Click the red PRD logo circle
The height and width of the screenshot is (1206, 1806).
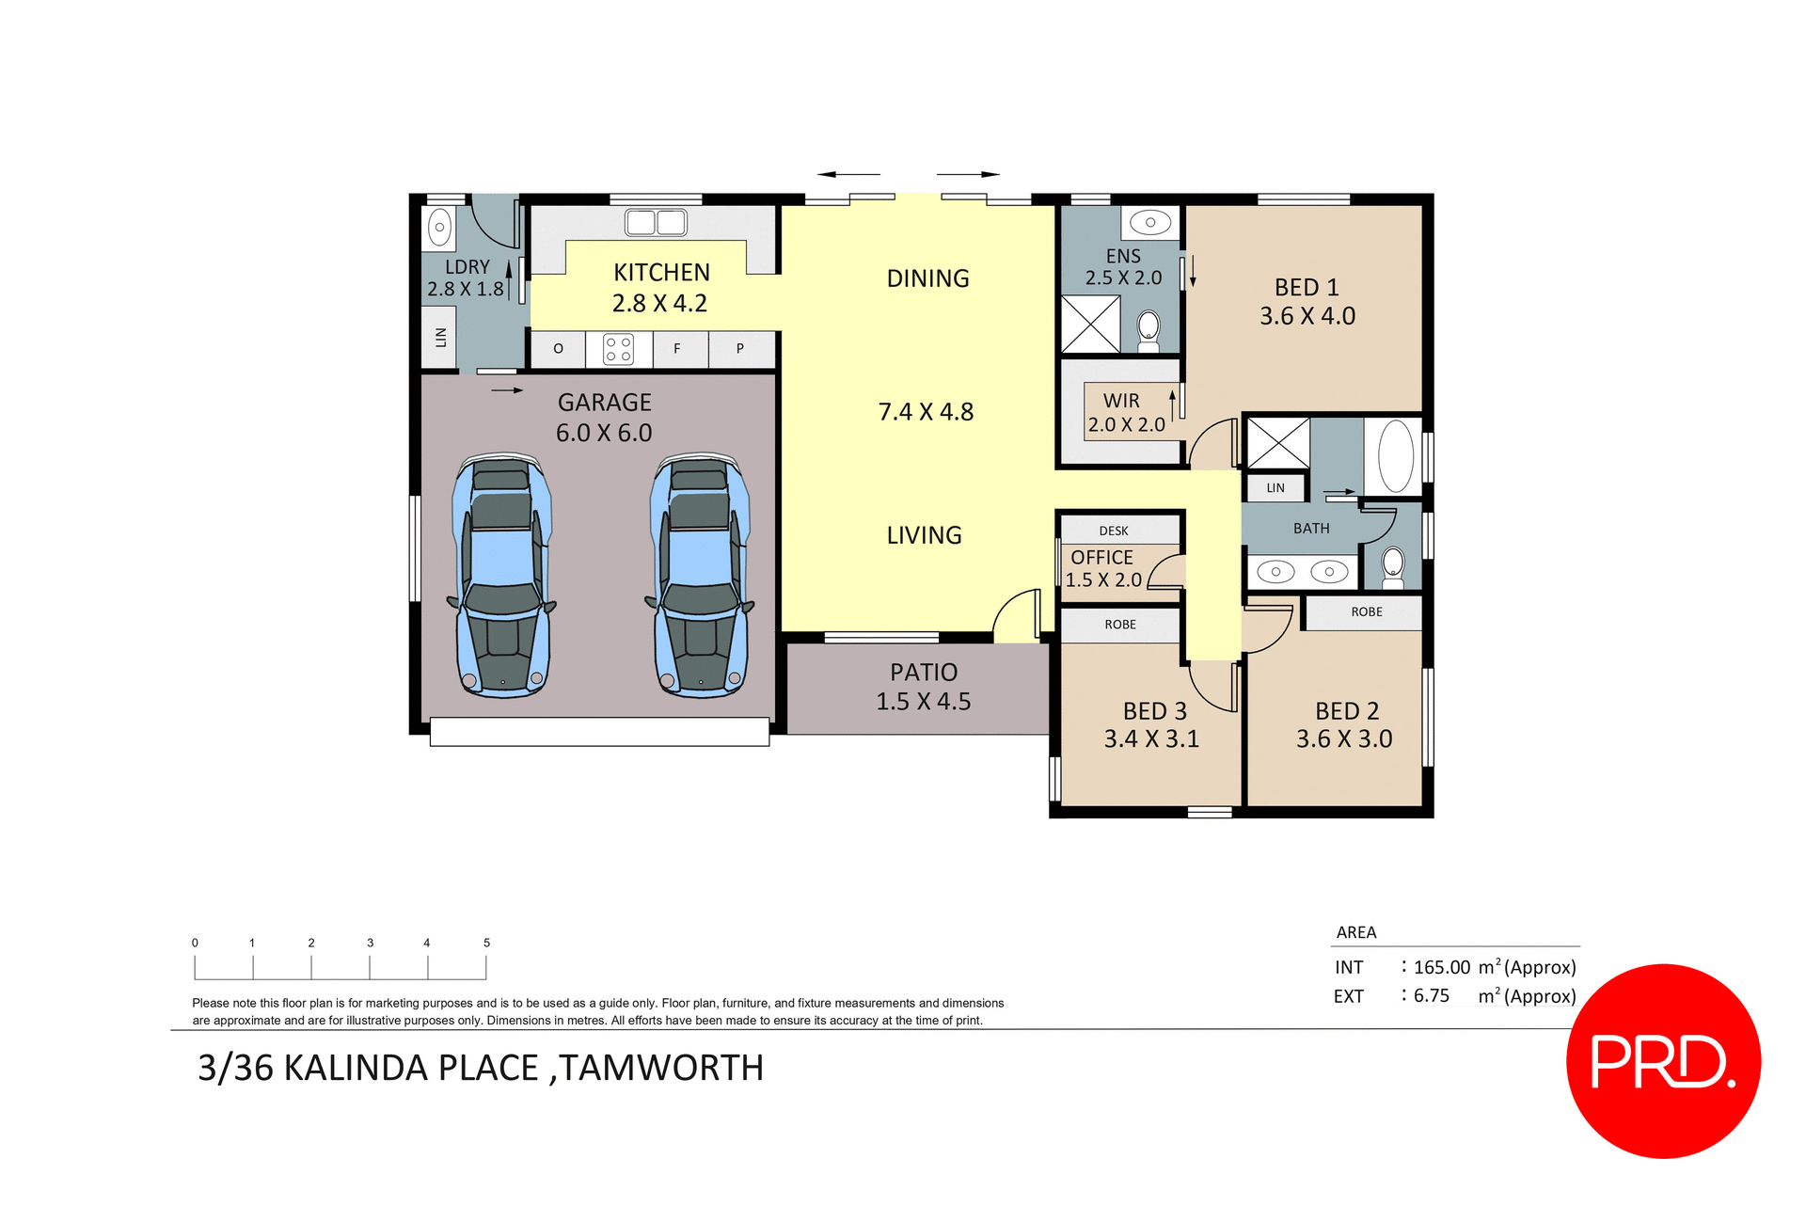point(1662,1060)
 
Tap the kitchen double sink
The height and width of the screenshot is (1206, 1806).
point(656,223)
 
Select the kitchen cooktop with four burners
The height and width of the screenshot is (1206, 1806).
point(618,349)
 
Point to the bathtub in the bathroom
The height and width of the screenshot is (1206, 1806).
point(1395,455)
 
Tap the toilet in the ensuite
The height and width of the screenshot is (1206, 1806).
point(1149,330)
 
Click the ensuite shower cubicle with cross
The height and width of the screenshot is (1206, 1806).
point(1090,325)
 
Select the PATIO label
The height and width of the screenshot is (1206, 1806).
point(923,672)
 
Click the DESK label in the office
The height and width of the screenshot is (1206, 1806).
point(1114,531)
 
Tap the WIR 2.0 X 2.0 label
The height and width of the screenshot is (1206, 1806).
point(1125,413)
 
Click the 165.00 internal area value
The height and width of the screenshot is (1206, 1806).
point(1441,967)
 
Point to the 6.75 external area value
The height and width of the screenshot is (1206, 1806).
point(1431,995)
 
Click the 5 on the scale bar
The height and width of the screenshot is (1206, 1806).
point(486,943)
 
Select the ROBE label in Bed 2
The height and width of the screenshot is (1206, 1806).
point(1366,611)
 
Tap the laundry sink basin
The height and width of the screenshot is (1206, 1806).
point(439,228)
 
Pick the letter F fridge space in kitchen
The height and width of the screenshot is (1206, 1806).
point(676,349)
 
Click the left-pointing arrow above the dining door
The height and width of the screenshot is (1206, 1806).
point(848,174)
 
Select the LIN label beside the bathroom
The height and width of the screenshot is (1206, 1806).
point(1275,487)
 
